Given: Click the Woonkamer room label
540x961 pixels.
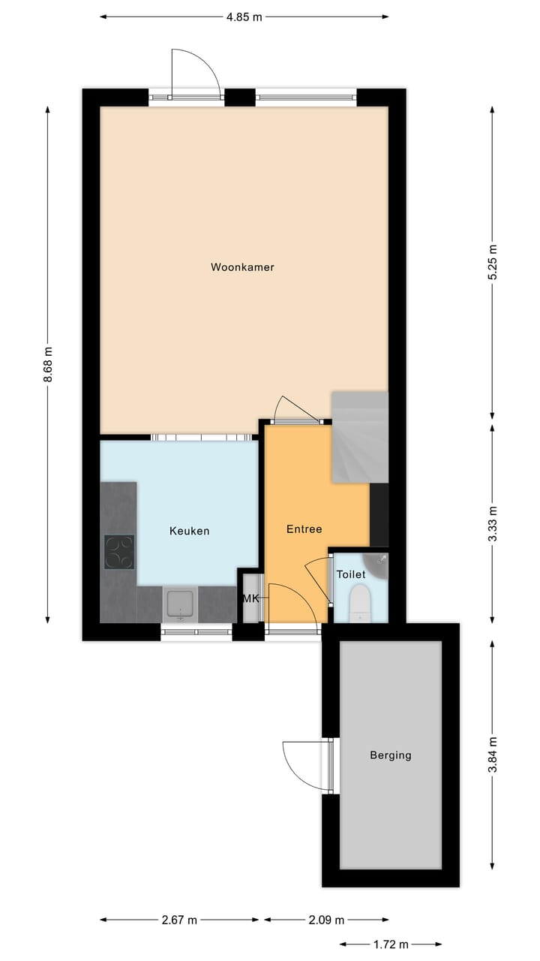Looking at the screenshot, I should coord(242,267).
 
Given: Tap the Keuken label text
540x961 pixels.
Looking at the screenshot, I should coord(189,531).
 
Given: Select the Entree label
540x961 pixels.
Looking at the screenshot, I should coord(304,529).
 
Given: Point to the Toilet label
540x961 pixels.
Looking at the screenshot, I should coord(351,574).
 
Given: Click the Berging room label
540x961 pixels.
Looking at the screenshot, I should coord(390,755).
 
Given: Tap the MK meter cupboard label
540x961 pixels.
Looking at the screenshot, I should coord(250,598).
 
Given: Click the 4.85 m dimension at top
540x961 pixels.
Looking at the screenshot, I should coord(244,17).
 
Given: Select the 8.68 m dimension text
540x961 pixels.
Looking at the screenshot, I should coord(48,365).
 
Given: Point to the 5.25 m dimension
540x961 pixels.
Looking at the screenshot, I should coord(492,263).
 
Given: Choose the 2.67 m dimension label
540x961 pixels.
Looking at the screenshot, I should coord(180,920).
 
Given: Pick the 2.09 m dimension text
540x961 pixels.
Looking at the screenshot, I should coord(326,920).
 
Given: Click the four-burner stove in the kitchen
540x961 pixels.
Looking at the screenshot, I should coord(118,552).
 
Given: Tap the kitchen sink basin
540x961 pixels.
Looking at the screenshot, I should coord(180,604).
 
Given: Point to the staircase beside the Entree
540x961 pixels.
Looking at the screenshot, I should coord(360,437).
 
